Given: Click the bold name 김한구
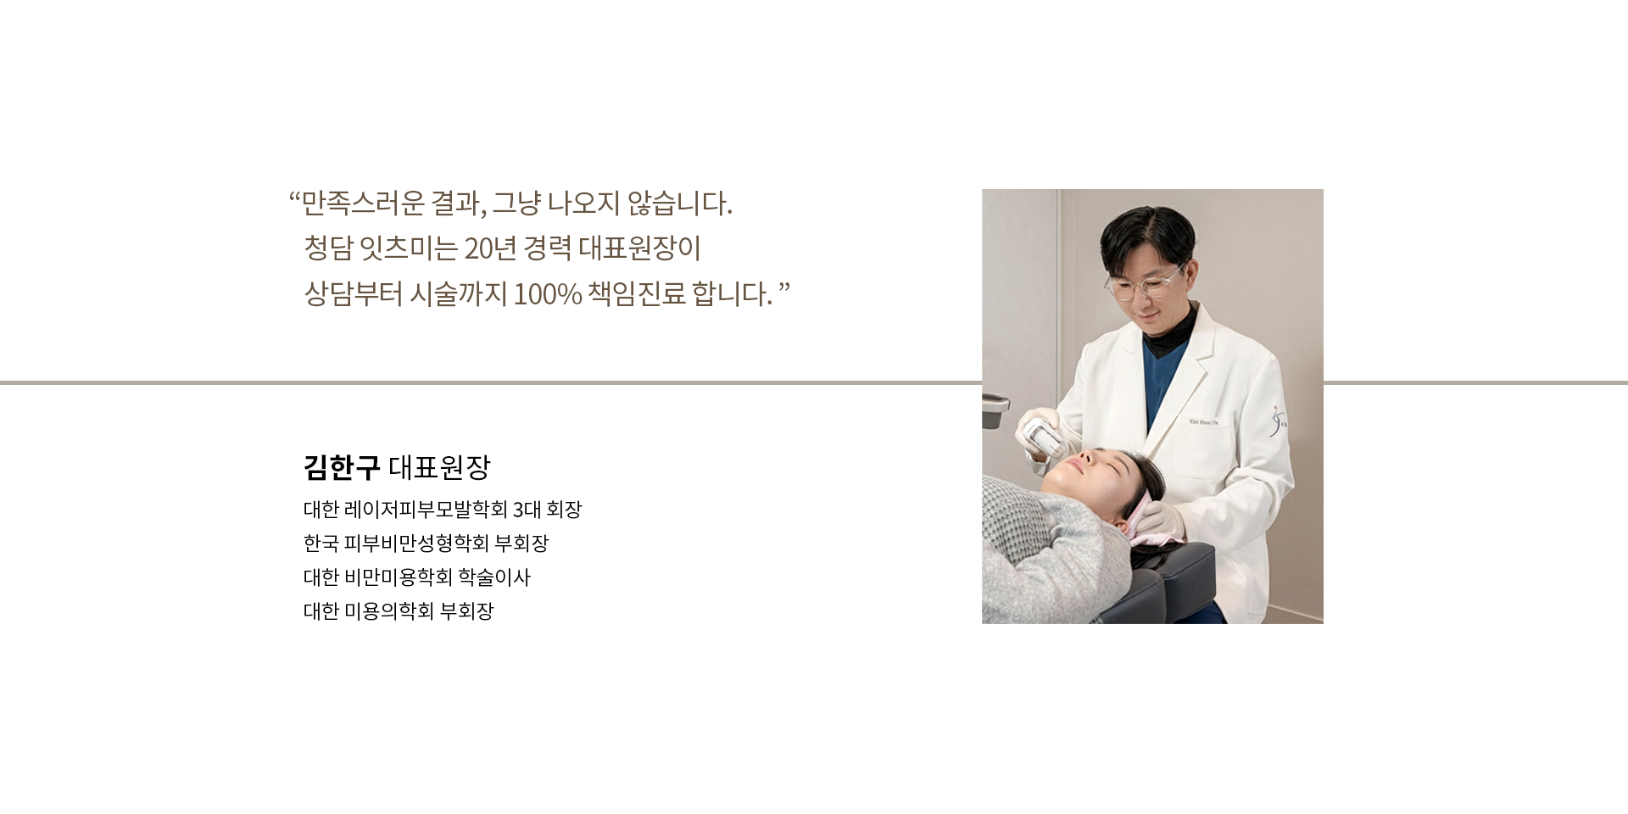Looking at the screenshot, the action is pos(341,466).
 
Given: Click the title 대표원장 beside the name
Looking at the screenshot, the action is pos(439,466).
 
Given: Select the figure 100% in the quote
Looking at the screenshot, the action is pos(547,294).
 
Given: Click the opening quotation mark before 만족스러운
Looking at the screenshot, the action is pos(295,199).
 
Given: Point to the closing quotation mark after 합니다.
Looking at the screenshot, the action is pos(783,290).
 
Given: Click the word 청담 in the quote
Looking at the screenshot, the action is pos(327,248).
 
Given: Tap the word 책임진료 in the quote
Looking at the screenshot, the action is pos(636,294).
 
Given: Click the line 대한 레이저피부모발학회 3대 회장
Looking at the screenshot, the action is pos(443,510).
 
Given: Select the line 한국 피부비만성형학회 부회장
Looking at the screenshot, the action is pos(426,543).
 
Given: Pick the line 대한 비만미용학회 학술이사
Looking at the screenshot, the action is pos(417,577).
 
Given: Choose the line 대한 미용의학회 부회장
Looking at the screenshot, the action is pos(399,611).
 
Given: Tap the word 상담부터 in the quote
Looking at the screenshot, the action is pos(353,294).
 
